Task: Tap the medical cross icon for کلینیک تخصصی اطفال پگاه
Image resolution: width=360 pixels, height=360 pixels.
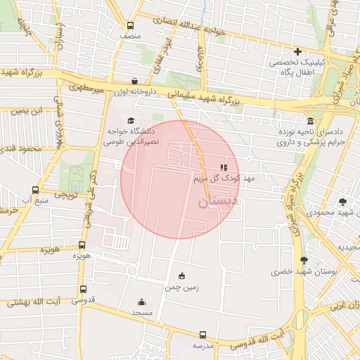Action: tap(298, 51)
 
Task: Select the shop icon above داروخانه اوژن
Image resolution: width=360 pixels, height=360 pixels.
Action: tap(134, 81)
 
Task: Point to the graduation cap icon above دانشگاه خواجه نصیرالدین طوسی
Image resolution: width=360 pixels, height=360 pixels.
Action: tap(130, 120)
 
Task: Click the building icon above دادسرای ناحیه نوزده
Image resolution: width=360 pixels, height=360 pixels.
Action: tap(310, 120)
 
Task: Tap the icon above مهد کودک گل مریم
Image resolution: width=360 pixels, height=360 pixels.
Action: tap(223, 167)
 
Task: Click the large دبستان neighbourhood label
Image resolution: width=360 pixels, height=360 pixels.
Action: tap(217, 202)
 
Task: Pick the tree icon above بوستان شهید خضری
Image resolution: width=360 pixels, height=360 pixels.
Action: tap(304, 260)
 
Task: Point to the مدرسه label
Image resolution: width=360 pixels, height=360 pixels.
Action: tap(202, 346)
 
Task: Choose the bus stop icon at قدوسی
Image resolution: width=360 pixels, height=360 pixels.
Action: tap(84, 289)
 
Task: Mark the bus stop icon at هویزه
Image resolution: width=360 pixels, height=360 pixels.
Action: tap(82, 245)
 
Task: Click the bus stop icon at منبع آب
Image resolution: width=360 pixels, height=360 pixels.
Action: tap(36, 190)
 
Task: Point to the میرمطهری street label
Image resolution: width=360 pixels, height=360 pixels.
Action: tap(86, 89)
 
